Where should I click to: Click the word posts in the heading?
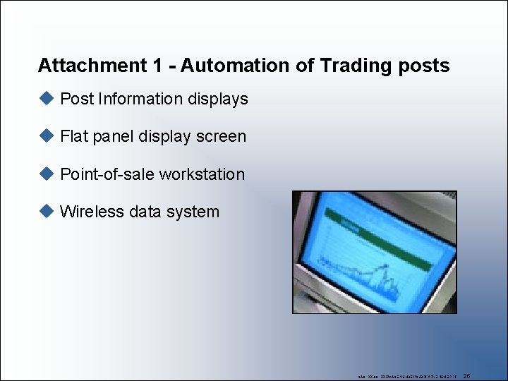424,66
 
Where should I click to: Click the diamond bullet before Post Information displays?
47,98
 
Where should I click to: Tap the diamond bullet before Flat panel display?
47,135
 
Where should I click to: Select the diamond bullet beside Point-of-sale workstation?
47,174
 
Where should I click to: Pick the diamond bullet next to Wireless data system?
47,211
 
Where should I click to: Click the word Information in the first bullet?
140,99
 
